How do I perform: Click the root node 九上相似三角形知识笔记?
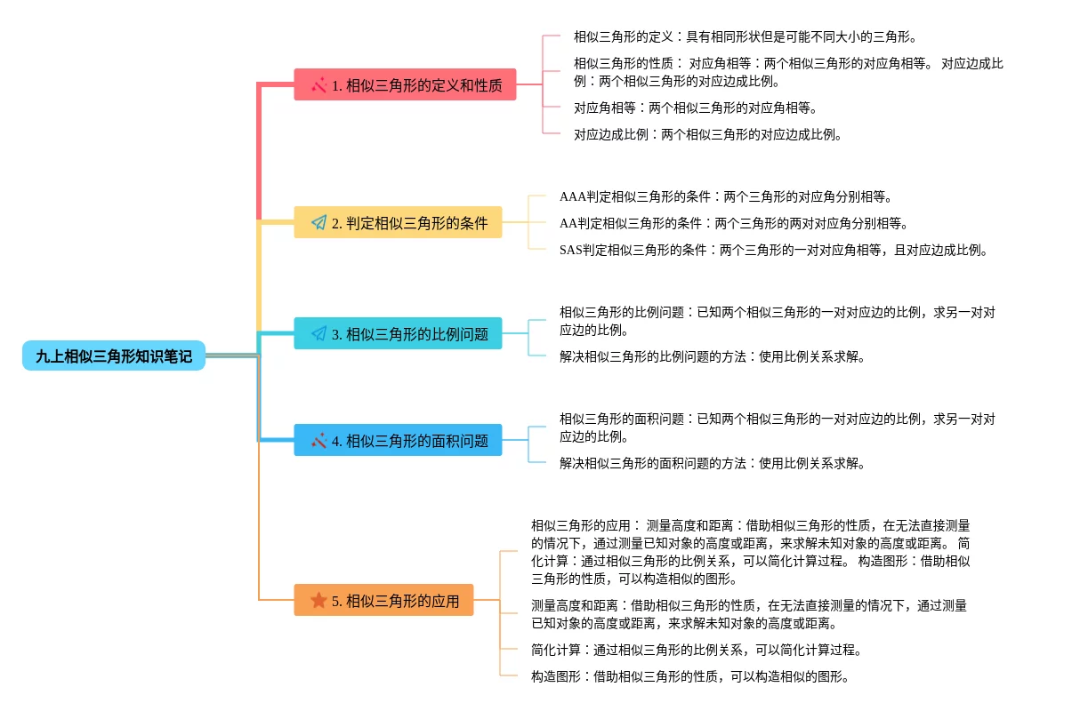(114, 355)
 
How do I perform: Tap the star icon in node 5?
(318, 601)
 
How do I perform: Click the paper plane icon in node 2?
(318, 223)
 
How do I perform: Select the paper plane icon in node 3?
(318, 334)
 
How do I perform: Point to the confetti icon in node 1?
(318, 85)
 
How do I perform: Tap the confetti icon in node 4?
(318, 440)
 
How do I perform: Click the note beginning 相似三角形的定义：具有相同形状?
(745, 37)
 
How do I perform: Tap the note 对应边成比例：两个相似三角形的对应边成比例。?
(707, 135)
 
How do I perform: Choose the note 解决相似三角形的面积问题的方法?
(712, 463)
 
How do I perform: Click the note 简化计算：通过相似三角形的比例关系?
(696, 650)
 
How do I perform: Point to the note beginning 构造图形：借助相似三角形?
(689, 676)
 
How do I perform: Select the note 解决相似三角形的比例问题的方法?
(712, 357)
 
